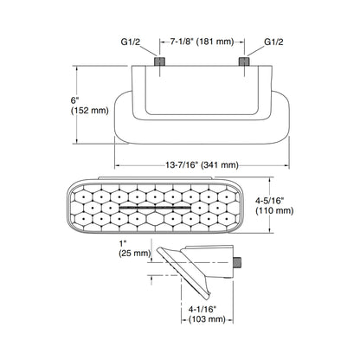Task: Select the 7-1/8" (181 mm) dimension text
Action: tap(202, 40)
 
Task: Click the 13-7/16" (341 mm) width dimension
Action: tap(202, 164)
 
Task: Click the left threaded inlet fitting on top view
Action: tap(160, 60)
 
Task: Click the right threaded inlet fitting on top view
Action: tap(244, 60)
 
